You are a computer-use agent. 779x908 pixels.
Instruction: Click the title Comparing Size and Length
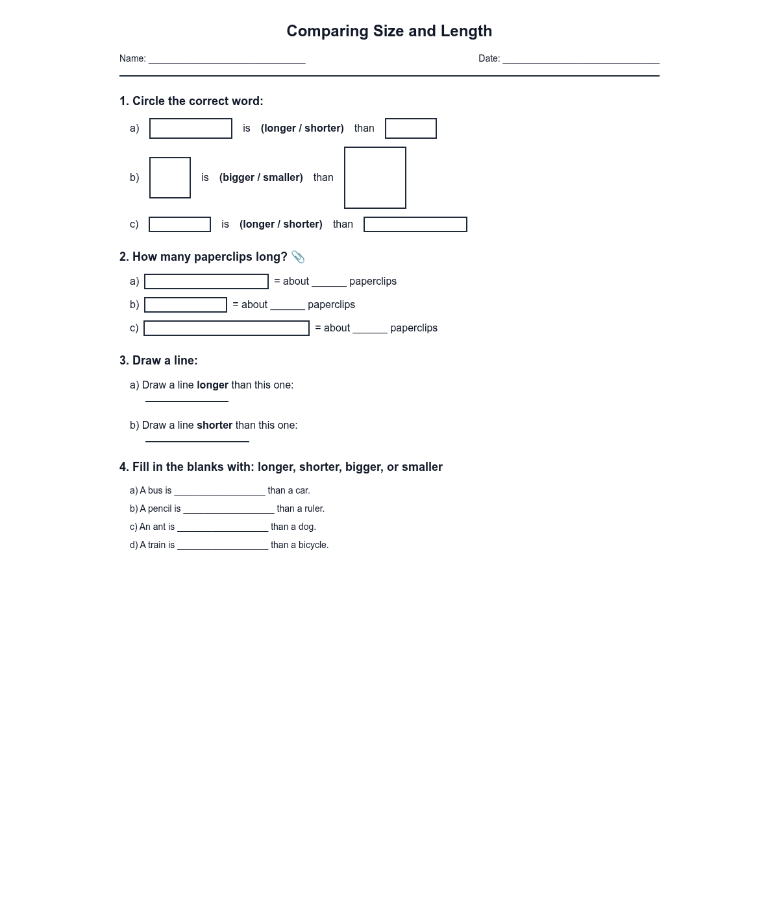(389, 31)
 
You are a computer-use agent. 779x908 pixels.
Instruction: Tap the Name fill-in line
(227, 60)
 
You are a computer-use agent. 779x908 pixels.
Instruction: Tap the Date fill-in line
(581, 60)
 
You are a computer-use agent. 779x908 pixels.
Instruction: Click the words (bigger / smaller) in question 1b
(261, 178)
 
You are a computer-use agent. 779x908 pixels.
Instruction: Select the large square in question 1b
(375, 178)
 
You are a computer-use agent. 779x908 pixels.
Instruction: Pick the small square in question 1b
(170, 178)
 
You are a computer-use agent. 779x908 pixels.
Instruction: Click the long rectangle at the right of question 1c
(415, 224)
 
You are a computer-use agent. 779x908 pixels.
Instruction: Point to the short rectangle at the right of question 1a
(411, 128)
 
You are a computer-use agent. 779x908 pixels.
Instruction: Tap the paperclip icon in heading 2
(298, 257)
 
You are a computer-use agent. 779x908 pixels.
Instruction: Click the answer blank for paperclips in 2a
(329, 283)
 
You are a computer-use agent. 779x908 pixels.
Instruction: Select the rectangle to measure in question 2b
(186, 305)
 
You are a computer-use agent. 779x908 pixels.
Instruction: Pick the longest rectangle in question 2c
(227, 328)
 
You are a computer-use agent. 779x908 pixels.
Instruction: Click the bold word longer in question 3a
(212, 385)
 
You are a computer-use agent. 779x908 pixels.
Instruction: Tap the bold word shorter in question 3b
(214, 425)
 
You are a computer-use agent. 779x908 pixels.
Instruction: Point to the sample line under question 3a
(187, 401)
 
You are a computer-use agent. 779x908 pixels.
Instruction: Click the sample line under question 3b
(197, 442)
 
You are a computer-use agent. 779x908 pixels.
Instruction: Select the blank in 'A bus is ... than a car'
(219, 492)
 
